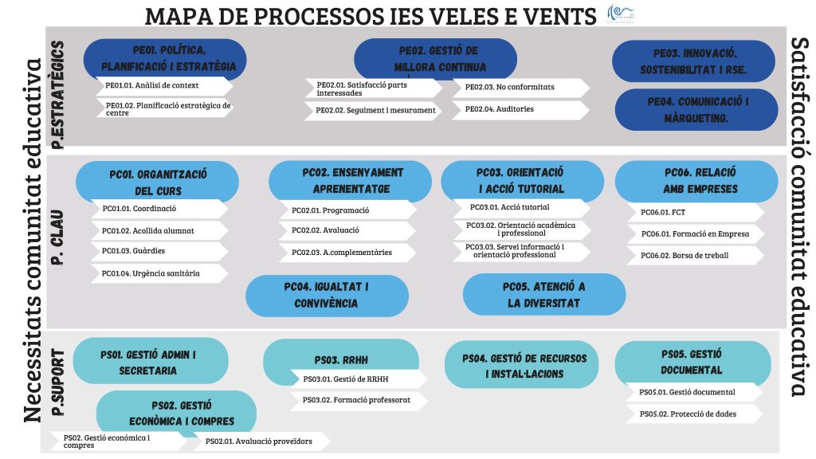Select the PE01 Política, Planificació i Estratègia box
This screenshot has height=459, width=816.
(x=163, y=58)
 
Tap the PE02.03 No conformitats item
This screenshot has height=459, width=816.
(x=520, y=87)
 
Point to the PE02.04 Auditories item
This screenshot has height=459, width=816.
(x=520, y=109)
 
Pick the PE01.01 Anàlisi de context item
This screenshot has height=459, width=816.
(x=163, y=85)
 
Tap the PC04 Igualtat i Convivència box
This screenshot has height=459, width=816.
(x=326, y=294)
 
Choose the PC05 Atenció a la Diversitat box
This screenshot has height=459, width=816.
(x=544, y=294)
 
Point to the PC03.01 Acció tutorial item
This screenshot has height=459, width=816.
(x=521, y=208)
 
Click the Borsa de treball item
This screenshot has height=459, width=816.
(x=694, y=256)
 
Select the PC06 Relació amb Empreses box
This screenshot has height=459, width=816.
(x=696, y=180)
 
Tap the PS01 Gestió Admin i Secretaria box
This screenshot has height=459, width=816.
(x=148, y=362)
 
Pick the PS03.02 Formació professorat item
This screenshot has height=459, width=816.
(x=359, y=400)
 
